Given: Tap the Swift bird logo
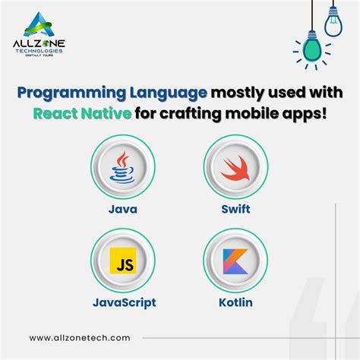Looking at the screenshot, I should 236,169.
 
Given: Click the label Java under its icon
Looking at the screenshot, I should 122,208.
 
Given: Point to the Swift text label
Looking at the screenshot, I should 236,208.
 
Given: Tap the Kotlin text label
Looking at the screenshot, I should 236,302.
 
